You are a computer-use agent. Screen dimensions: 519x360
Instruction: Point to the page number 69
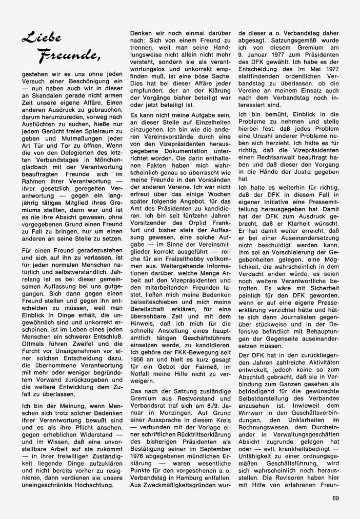336,496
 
